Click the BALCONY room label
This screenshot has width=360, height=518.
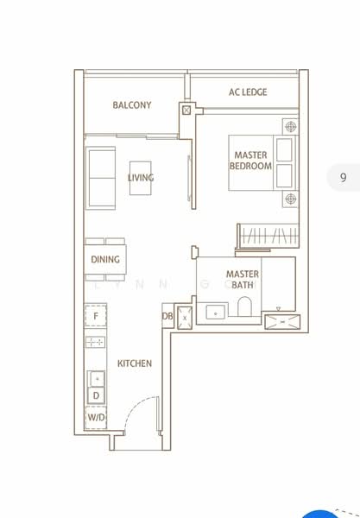pyautogui.click(x=131, y=105)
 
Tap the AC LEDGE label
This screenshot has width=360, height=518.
pyautogui.click(x=248, y=92)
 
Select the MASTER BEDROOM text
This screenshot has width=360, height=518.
pyautogui.click(x=250, y=161)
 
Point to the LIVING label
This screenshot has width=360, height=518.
pyautogui.click(x=141, y=178)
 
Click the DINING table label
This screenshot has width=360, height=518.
pyautogui.click(x=105, y=259)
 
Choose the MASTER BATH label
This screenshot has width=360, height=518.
pyautogui.click(x=243, y=280)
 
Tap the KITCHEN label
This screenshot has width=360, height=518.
pyautogui.click(x=135, y=363)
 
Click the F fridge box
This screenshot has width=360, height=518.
pyautogui.click(x=96, y=317)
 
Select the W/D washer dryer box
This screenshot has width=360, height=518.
pyautogui.click(x=96, y=419)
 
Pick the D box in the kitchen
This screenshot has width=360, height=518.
pyautogui.click(x=96, y=396)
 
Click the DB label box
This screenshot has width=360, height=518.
pyautogui.click(x=167, y=317)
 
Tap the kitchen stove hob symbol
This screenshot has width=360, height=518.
pyautogui.click(x=96, y=342)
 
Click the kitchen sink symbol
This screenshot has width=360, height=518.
pyautogui.click(x=97, y=378)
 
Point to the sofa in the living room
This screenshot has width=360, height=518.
pyautogui.click(x=101, y=178)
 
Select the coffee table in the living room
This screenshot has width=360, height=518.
pyautogui.click(x=142, y=179)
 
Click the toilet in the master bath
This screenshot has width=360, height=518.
pyautogui.click(x=245, y=308)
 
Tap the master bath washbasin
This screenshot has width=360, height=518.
pyautogui.click(x=214, y=310)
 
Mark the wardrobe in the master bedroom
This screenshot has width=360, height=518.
pyautogui.click(x=268, y=234)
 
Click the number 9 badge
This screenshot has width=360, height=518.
pyautogui.click(x=343, y=178)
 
